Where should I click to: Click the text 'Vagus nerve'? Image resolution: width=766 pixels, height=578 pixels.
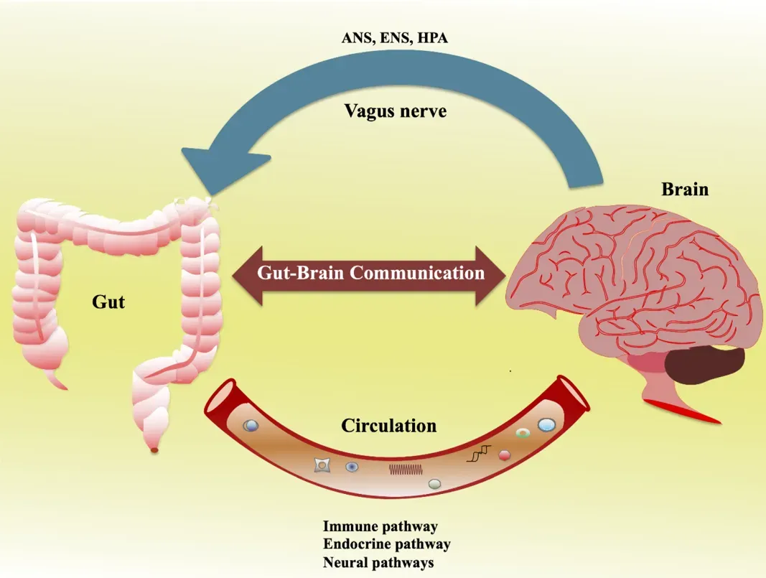[x=395, y=111]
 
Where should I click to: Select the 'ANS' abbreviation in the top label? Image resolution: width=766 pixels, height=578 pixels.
[x=357, y=38]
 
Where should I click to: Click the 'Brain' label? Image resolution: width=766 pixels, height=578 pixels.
[x=684, y=190]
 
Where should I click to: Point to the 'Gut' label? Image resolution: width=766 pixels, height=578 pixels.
[x=108, y=301]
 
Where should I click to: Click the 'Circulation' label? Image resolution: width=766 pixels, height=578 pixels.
[x=388, y=426]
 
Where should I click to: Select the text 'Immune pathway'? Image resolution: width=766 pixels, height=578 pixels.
[x=380, y=526]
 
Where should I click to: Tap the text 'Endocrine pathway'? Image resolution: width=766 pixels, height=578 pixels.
[x=386, y=544]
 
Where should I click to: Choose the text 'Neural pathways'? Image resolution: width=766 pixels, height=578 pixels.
[x=378, y=562]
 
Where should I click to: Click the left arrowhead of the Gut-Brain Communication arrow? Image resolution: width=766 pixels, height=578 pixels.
[x=245, y=274]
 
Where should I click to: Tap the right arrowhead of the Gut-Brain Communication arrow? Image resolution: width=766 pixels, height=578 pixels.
[x=495, y=274]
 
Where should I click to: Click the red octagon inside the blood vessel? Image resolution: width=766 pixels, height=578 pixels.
[x=504, y=455]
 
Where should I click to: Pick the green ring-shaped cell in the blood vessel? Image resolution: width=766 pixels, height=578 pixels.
[x=523, y=434]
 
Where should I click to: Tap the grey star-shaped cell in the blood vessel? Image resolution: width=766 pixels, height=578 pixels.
[x=322, y=466]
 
